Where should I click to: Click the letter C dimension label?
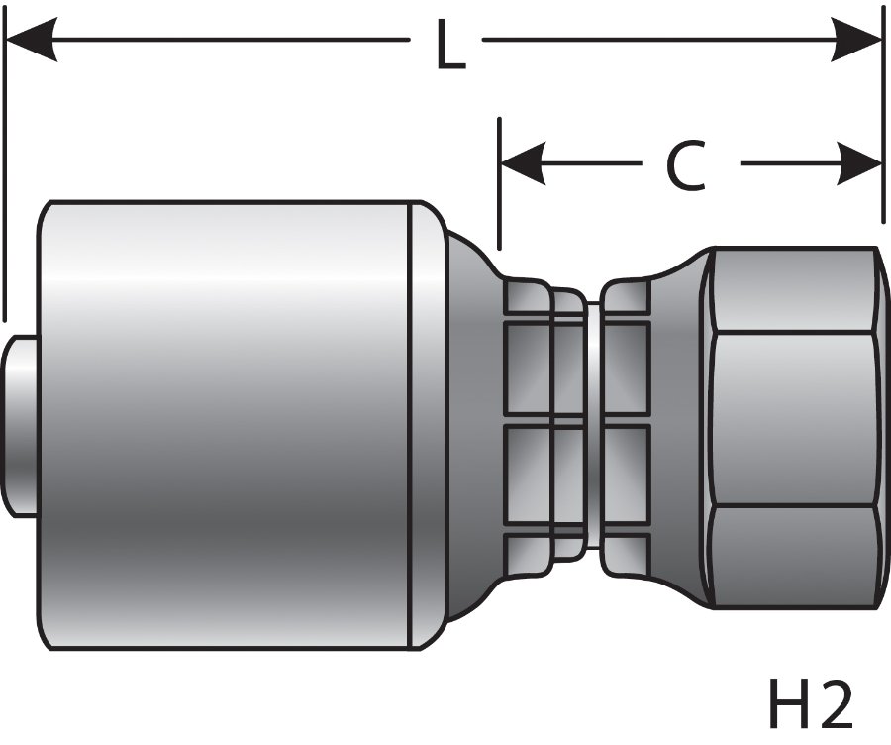[684, 164]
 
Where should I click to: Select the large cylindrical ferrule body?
[228, 426]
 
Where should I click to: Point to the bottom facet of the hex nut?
[792, 560]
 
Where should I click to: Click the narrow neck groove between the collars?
[592, 426]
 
